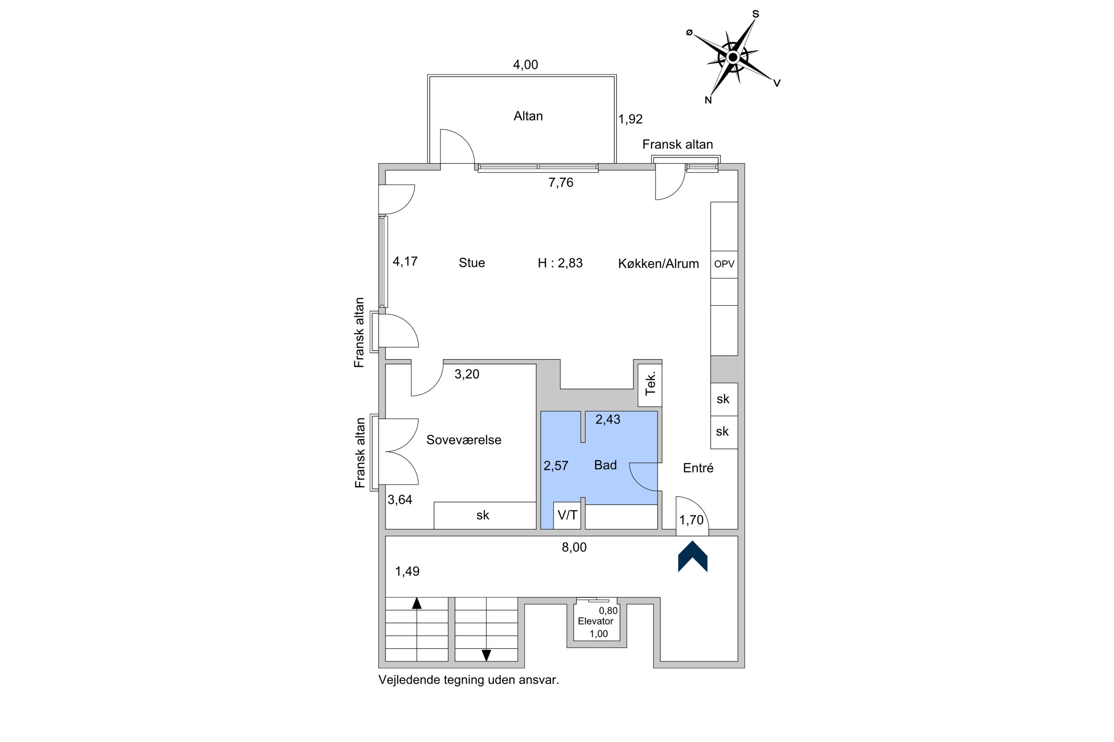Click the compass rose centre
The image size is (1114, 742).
click(x=732, y=58)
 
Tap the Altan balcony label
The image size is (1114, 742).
click(x=528, y=116)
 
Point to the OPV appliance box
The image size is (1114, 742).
click(x=724, y=264)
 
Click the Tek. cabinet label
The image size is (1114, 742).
click(x=650, y=383)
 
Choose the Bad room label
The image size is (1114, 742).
click(x=605, y=465)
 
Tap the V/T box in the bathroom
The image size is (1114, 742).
click(x=567, y=515)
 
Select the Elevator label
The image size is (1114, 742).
click(x=595, y=621)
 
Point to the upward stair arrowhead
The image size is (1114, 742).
click(x=416, y=603)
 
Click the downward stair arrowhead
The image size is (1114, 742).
click(x=486, y=656)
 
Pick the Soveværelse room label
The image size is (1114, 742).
click(x=464, y=440)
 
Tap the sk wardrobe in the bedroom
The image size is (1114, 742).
click(x=482, y=516)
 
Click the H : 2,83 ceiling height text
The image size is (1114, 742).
click(x=560, y=263)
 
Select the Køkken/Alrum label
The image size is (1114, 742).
click(x=658, y=264)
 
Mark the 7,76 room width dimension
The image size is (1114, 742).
click(x=560, y=183)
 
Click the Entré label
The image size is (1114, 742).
click(x=698, y=468)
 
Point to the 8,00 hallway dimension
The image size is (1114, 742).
click(x=574, y=548)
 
